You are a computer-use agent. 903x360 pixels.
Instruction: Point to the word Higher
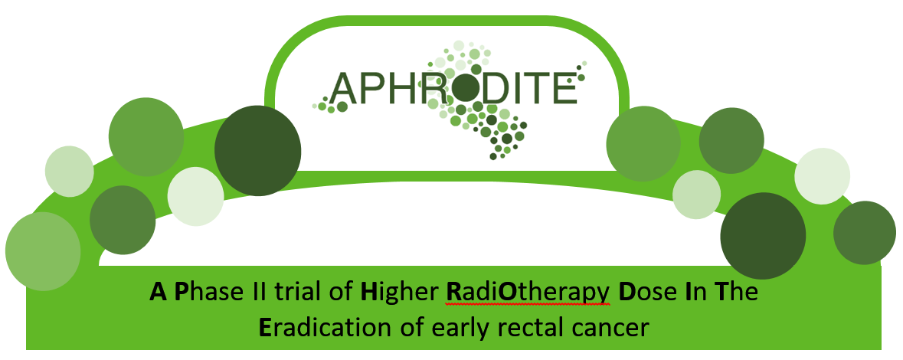tap(398, 294)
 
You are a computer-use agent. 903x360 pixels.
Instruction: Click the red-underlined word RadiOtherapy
tap(528, 294)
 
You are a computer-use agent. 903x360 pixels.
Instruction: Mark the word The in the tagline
tap(735, 292)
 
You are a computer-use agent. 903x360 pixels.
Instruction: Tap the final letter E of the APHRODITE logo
tap(565, 88)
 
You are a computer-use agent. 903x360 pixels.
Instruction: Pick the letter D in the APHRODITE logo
tap(499, 88)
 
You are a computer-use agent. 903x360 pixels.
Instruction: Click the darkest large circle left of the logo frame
tap(258, 150)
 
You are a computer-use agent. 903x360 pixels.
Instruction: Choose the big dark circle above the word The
tap(763, 236)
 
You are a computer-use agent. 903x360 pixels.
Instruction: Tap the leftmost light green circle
tap(69, 172)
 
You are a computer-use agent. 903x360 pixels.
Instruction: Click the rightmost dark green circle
tap(865, 233)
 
